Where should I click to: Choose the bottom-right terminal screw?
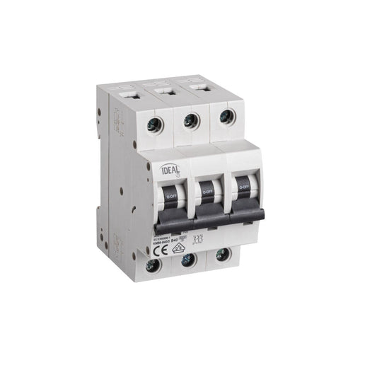point(223,255)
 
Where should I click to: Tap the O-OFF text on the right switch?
point(244,187)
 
